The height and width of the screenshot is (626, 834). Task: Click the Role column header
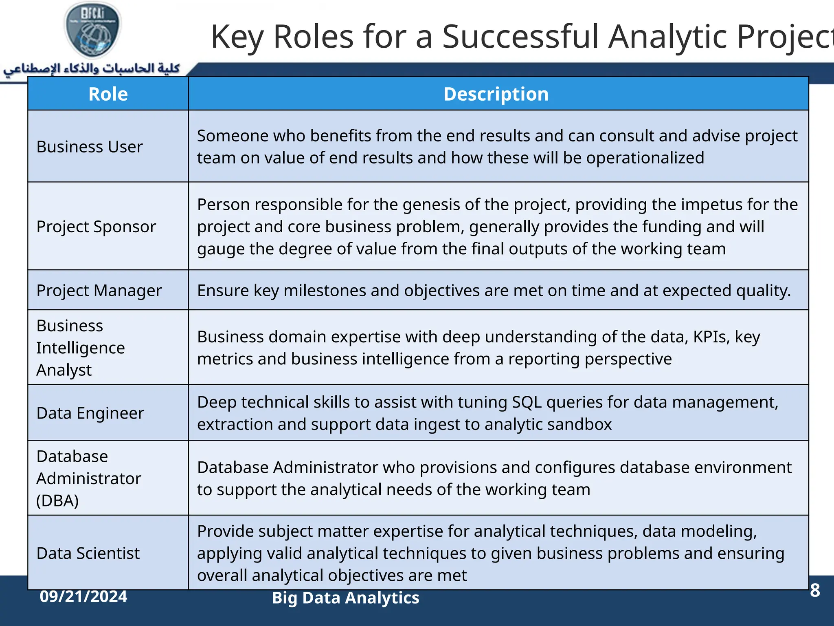click(x=108, y=94)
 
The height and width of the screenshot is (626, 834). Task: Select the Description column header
click(x=496, y=94)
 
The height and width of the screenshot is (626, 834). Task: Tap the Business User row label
click(x=90, y=147)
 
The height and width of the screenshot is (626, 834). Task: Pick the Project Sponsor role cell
click(x=96, y=227)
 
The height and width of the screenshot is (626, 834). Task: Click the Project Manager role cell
click(x=99, y=291)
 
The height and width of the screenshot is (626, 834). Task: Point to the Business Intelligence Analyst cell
click(x=80, y=348)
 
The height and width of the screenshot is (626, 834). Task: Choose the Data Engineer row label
click(x=90, y=413)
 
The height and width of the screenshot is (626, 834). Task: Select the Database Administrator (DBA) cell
click(x=88, y=478)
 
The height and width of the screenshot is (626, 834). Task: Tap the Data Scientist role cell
click(x=88, y=553)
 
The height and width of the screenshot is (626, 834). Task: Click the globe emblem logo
click(x=93, y=30)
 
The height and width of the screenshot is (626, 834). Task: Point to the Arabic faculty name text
click(x=92, y=68)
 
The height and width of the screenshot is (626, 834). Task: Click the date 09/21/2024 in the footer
click(x=83, y=597)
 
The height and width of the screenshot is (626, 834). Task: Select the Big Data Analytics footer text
click(x=345, y=598)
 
